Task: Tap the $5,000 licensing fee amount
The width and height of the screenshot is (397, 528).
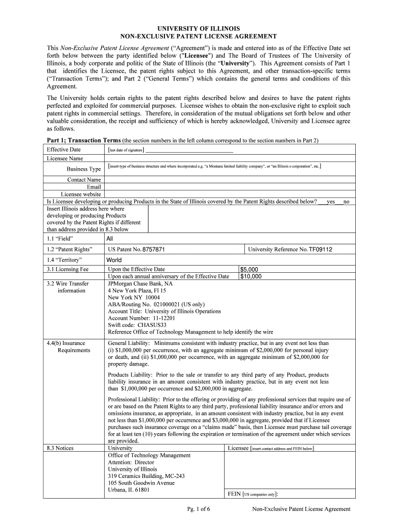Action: (250, 269)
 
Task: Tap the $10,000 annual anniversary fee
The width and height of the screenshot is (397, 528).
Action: (251, 276)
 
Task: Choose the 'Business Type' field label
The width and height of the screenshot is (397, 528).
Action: (84, 169)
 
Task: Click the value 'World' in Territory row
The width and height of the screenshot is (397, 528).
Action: (114, 260)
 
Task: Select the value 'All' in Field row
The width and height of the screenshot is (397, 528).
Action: (109, 239)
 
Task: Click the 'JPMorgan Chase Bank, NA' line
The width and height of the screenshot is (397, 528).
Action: (140, 284)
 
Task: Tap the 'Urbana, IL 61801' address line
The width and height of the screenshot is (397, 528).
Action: (129, 490)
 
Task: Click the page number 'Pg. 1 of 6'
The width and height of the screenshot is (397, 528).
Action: (198, 509)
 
